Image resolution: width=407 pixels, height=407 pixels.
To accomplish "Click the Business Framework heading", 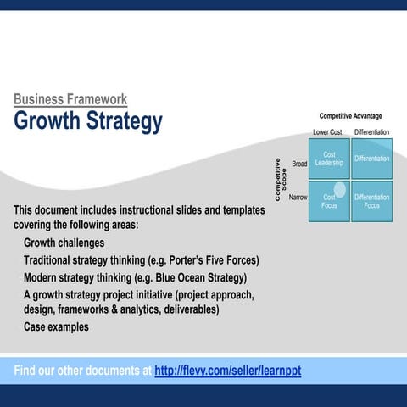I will (70, 99).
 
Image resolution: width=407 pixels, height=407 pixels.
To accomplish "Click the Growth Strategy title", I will (87, 121).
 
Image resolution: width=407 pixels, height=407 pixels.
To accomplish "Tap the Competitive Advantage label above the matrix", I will (350, 116).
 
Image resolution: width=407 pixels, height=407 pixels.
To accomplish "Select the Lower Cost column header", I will (327, 132).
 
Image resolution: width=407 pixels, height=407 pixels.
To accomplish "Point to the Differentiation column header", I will (372, 132).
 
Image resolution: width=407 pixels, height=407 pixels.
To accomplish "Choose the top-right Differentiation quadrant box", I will (372, 159).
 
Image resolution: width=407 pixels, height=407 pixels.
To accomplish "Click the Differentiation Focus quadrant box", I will (372, 201).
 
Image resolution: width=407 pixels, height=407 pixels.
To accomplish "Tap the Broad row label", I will (299, 164).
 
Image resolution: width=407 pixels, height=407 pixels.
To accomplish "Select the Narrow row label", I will (298, 197).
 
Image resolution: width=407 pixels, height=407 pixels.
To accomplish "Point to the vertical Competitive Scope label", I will (281, 180).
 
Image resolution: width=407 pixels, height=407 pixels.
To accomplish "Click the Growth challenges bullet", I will (64, 243).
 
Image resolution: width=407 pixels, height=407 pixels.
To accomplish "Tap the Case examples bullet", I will (56, 326).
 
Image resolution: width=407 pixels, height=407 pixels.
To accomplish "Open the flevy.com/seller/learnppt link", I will (227, 371).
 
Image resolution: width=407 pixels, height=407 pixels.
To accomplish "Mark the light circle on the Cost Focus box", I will (340, 190).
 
